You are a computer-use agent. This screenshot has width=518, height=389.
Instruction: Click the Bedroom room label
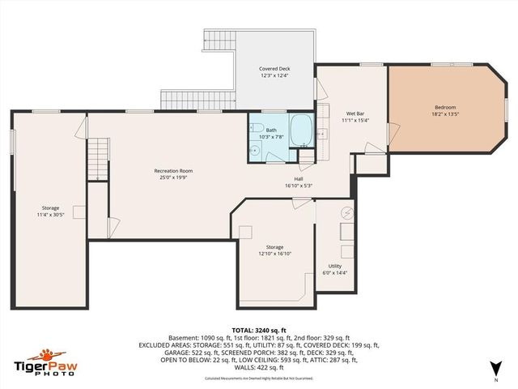(x=445, y=108)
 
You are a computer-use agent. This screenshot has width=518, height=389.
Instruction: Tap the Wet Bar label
(x=354, y=113)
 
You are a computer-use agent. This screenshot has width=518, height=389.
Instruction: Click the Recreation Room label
(x=173, y=170)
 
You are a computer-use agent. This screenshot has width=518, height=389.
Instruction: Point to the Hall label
(x=299, y=179)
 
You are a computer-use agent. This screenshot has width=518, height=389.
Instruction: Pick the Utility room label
(x=334, y=266)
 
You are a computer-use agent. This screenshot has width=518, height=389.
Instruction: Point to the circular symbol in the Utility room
(x=346, y=213)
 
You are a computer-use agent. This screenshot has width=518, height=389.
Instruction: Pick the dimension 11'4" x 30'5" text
(x=50, y=215)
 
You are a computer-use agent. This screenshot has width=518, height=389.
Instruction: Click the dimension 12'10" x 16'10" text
(x=275, y=254)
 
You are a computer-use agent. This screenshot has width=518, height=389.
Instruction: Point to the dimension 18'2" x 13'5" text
(x=445, y=115)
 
